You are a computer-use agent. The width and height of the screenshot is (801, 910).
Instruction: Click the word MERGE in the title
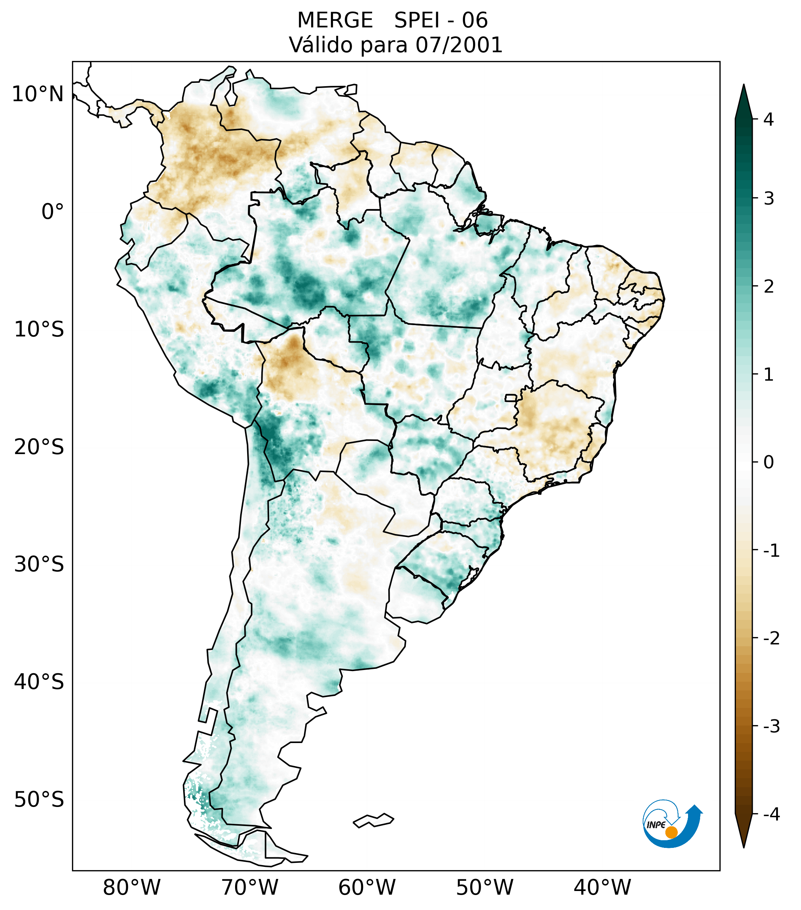click(x=335, y=20)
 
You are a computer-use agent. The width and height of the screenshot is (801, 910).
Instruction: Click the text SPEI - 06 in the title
click(x=441, y=20)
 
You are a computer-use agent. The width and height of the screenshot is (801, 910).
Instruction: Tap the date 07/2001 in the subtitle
click(x=459, y=45)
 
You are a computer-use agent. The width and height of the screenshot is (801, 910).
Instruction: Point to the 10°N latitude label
click(x=38, y=94)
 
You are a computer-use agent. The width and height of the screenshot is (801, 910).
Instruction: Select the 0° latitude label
click(x=53, y=212)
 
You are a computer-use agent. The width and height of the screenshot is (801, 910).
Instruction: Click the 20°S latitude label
click(x=39, y=447)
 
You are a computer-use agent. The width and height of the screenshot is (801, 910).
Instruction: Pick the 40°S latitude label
click(x=39, y=682)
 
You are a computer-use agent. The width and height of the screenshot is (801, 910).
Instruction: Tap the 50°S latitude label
click(x=39, y=800)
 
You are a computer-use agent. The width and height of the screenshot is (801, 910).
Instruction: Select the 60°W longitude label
click(x=367, y=888)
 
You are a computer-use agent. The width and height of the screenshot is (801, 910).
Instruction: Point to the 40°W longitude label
click(x=602, y=888)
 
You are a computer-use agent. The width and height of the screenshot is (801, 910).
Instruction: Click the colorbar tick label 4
click(x=768, y=119)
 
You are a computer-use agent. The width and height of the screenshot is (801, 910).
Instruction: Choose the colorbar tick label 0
click(x=768, y=462)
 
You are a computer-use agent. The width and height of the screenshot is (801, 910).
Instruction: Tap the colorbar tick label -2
click(x=771, y=639)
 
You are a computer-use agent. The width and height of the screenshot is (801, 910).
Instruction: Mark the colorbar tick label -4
click(x=771, y=814)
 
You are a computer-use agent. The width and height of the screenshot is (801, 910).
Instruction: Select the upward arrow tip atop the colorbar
click(x=744, y=87)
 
